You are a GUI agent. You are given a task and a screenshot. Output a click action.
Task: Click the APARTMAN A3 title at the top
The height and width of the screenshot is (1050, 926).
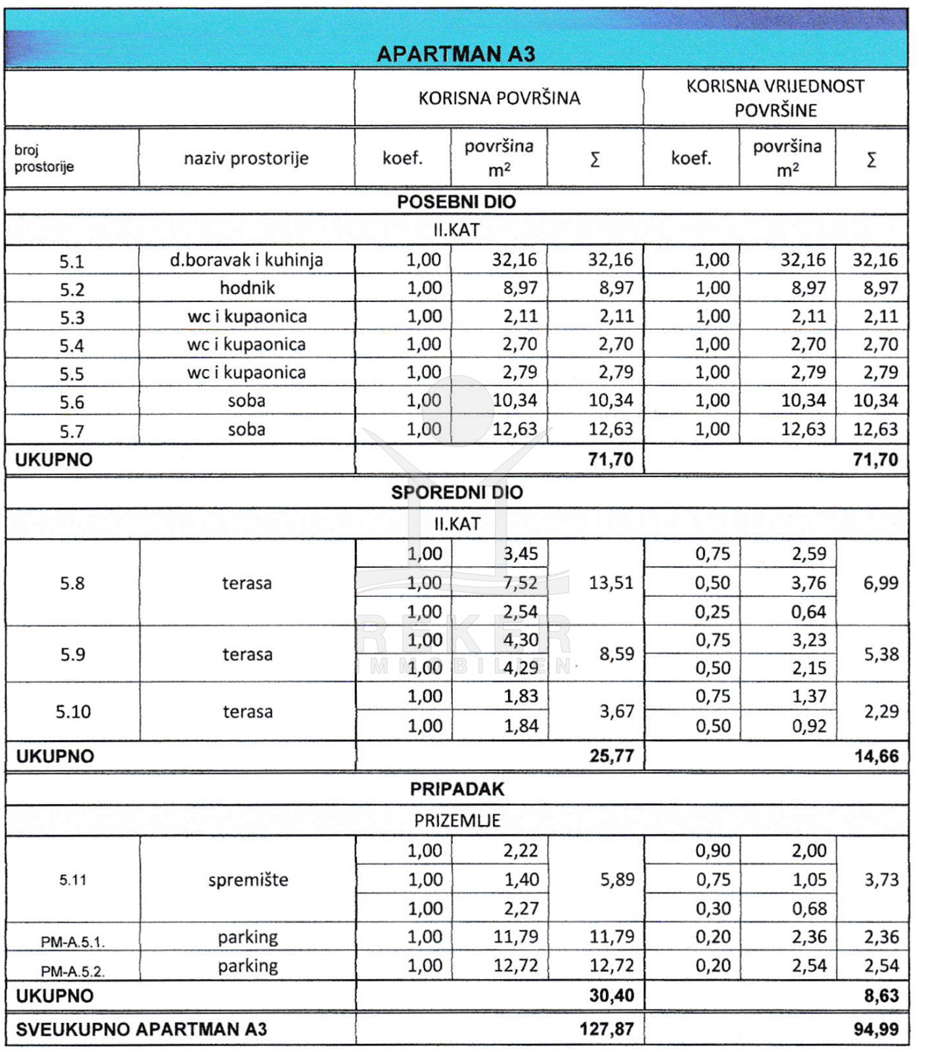tap(455, 54)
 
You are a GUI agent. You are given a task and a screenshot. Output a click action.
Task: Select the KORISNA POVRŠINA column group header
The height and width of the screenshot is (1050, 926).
tap(498, 98)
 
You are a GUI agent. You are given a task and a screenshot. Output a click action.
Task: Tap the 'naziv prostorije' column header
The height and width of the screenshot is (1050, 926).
tap(246, 158)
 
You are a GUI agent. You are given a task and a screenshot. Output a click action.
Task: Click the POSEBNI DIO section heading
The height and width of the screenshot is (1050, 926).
tap(456, 202)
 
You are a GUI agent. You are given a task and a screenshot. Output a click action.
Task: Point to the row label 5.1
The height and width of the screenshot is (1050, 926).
tap(72, 261)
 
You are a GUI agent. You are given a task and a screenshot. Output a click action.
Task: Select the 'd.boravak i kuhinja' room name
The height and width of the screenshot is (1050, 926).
tap(247, 260)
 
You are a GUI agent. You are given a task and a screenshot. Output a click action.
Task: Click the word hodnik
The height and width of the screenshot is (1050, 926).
tap(247, 288)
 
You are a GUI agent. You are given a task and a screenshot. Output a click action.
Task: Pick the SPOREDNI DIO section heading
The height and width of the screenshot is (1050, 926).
tap(456, 493)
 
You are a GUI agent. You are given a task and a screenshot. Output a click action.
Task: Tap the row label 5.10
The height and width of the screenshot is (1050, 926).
tap(73, 711)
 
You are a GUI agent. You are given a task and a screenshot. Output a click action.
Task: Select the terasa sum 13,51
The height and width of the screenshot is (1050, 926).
tap(611, 583)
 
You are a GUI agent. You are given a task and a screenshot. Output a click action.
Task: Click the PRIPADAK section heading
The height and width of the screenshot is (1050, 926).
tap(456, 789)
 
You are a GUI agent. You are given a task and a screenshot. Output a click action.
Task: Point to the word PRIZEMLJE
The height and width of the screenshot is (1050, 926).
tap(456, 821)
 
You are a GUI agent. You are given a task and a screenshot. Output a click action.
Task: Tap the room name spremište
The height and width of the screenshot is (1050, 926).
tap(247, 879)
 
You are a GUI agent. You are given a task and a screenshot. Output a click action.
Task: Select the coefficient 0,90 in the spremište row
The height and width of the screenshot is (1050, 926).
tap(712, 850)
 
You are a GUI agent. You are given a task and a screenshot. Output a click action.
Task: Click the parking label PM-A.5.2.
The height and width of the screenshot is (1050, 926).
tap(73, 970)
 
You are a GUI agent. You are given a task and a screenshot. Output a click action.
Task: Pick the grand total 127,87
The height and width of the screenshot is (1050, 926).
tap(606, 1029)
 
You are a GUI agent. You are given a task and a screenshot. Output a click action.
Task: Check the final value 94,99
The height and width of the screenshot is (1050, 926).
tap(876, 1029)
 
